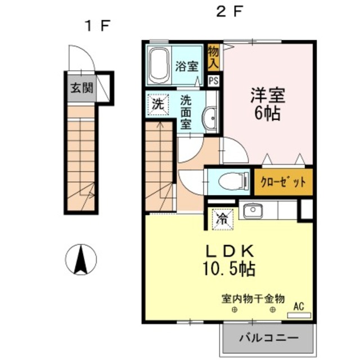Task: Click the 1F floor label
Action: [x=98, y=26]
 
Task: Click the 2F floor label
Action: [x=229, y=11]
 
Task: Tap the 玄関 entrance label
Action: [x=82, y=88]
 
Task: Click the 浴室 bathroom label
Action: [x=187, y=66]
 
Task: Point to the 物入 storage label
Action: [x=213, y=57]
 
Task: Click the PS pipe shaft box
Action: [x=214, y=81]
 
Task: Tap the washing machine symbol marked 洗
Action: [x=158, y=105]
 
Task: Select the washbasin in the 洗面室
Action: [x=209, y=118]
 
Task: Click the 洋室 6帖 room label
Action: [x=268, y=104]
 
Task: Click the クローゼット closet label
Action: [x=283, y=182]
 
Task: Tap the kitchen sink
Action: [x=253, y=210]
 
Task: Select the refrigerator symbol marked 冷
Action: [x=223, y=219]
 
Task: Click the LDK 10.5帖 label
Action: [x=229, y=260]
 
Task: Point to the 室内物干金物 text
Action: [x=253, y=299]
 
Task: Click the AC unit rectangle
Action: [x=299, y=315]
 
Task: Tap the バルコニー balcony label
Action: [x=268, y=337]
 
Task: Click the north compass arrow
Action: [x=81, y=260]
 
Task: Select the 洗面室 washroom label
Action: [x=186, y=112]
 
